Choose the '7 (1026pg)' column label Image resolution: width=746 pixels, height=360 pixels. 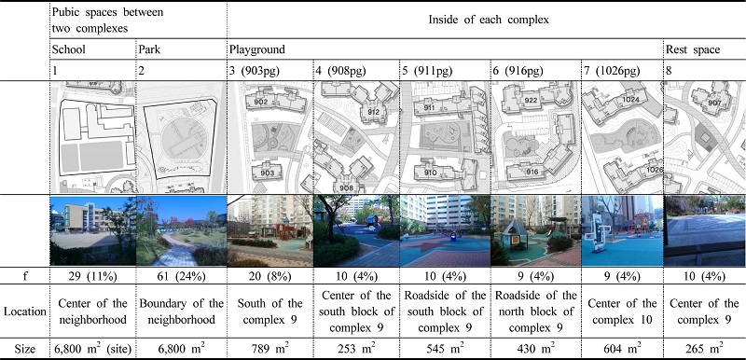click(x=615, y=71)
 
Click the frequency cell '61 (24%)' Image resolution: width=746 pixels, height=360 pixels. click(x=181, y=277)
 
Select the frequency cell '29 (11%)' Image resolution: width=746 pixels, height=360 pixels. click(x=91, y=277)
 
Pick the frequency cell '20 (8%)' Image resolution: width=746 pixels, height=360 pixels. click(x=268, y=277)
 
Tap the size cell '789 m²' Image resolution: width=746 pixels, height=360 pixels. click(x=269, y=349)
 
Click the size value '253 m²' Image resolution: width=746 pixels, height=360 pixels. click(x=357, y=349)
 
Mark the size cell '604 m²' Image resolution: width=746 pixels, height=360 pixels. click(x=621, y=349)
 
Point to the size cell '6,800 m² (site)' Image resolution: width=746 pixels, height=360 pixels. click(x=91, y=349)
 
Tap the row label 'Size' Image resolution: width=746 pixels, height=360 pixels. click(x=24, y=349)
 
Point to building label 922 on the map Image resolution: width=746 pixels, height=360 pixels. click(x=532, y=100)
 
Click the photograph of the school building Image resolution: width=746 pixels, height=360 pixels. click(x=91, y=230)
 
